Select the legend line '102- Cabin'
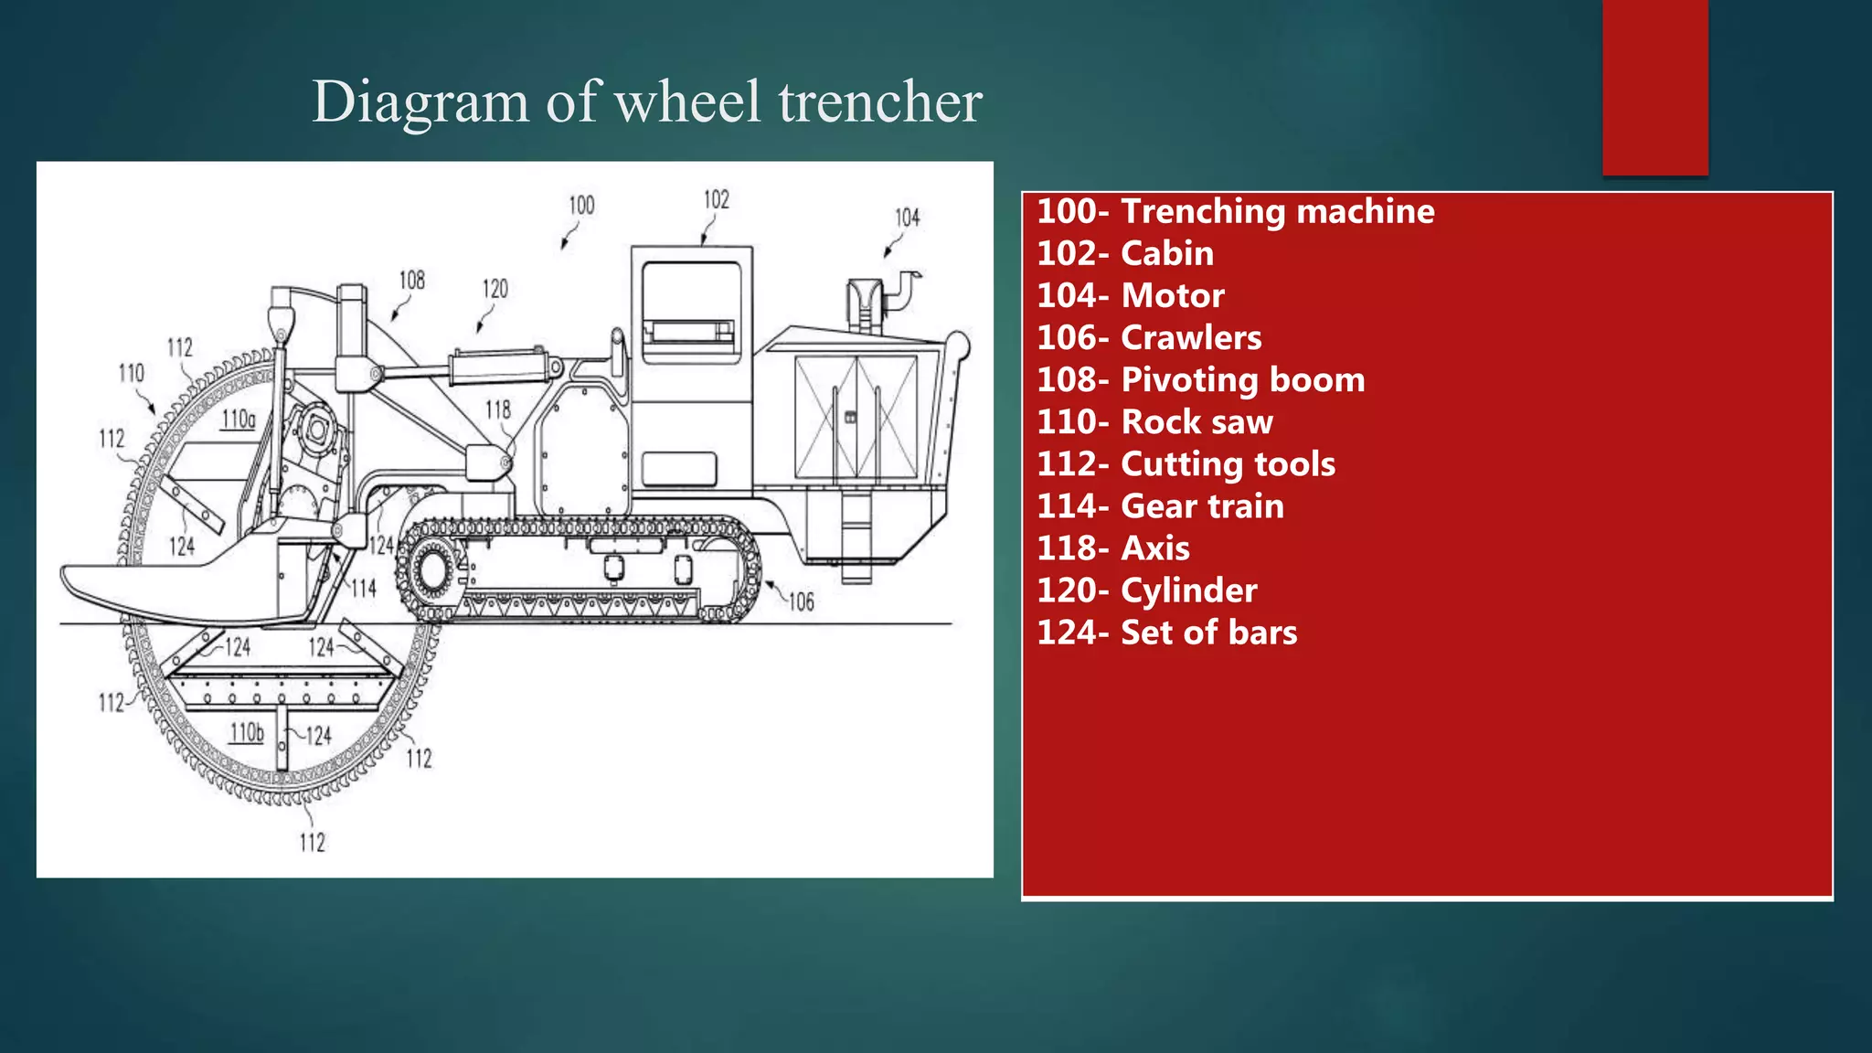pyautogui.click(x=1124, y=254)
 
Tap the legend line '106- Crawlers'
pyautogui.click(x=1148, y=338)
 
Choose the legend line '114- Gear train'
pyautogui.click(x=1159, y=506)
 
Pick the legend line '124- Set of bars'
pyautogui.click(x=1166, y=633)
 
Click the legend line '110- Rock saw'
pyautogui.click(x=1154, y=422)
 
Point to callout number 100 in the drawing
pyautogui.click(x=581, y=206)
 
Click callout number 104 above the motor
pyautogui.click(x=907, y=218)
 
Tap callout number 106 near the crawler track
pyautogui.click(x=801, y=601)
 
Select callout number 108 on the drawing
pyautogui.click(x=411, y=281)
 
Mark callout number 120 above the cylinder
pyautogui.click(x=495, y=290)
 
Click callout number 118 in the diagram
pyautogui.click(x=497, y=409)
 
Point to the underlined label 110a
pyautogui.click(x=239, y=420)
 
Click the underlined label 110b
pyautogui.click(x=246, y=733)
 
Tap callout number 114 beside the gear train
pyautogui.click(x=363, y=589)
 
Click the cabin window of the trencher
pyautogui.click(x=690, y=311)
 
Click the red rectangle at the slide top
pyautogui.click(x=1654, y=87)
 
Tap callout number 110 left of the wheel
pyautogui.click(x=131, y=373)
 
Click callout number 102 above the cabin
pyautogui.click(x=716, y=200)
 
